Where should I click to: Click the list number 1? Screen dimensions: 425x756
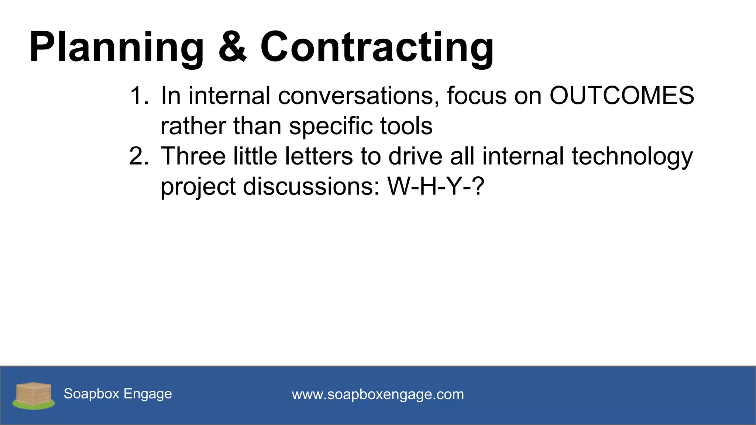(139, 96)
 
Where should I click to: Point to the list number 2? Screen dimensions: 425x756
(139, 156)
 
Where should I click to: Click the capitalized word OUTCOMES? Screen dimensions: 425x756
(622, 96)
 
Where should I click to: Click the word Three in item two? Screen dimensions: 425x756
(193, 156)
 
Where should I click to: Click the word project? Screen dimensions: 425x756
(198, 187)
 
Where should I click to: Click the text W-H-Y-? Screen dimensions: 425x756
(436, 186)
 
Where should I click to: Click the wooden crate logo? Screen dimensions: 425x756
(34, 395)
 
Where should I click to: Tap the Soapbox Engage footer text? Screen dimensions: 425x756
(118, 394)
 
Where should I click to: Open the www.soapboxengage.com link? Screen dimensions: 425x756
(378, 394)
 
